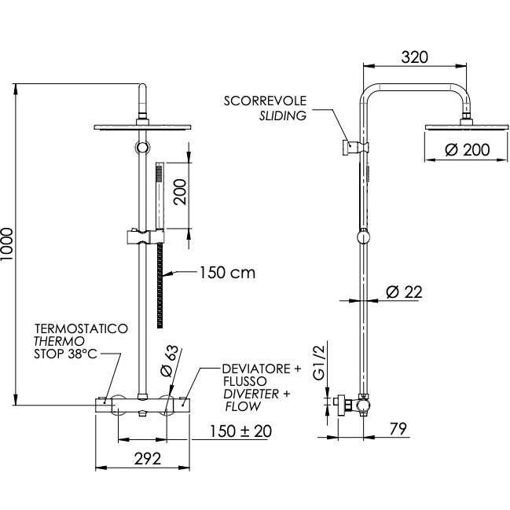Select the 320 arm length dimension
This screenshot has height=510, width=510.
pos(413,57)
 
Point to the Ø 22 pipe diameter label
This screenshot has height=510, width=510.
pos(405,292)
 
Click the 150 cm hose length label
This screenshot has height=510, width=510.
pos(226,273)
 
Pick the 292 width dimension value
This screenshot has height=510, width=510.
pos(142,458)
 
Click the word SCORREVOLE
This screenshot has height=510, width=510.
pos(265,101)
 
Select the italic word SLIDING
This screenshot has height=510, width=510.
pos(283,116)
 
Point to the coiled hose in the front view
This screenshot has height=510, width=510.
pos(160,283)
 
